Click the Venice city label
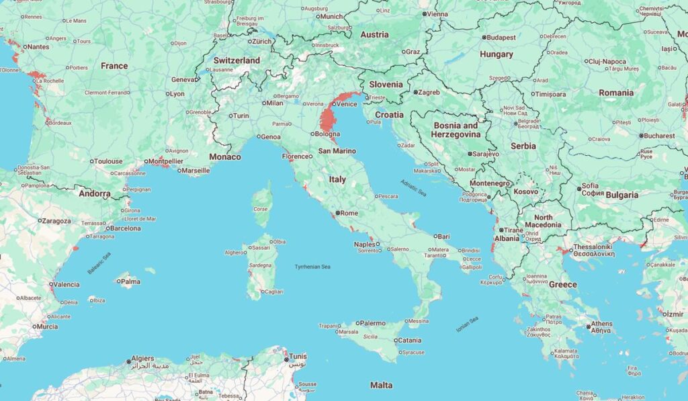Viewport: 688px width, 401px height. (x=347, y=104)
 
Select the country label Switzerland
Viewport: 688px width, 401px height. (x=236, y=60)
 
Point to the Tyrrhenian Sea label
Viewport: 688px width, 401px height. (x=313, y=267)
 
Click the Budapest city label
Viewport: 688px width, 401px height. (x=501, y=38)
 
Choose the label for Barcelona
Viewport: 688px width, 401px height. (x=126, y=228)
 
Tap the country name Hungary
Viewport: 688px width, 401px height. (x=497, y=54)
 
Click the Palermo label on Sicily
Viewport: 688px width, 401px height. (x=373, y=323)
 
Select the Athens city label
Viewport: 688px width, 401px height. (x=601, y=324)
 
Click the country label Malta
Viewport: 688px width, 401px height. (x=382, y=385)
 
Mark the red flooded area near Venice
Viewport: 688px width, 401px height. (x=329, y=121)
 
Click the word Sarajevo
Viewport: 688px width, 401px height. (x=485, y=154)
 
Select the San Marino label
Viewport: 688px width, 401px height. (x=337, y=151)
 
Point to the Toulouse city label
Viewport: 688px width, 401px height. (x=108, y=161)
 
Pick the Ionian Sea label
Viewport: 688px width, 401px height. (x=467, y=323)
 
